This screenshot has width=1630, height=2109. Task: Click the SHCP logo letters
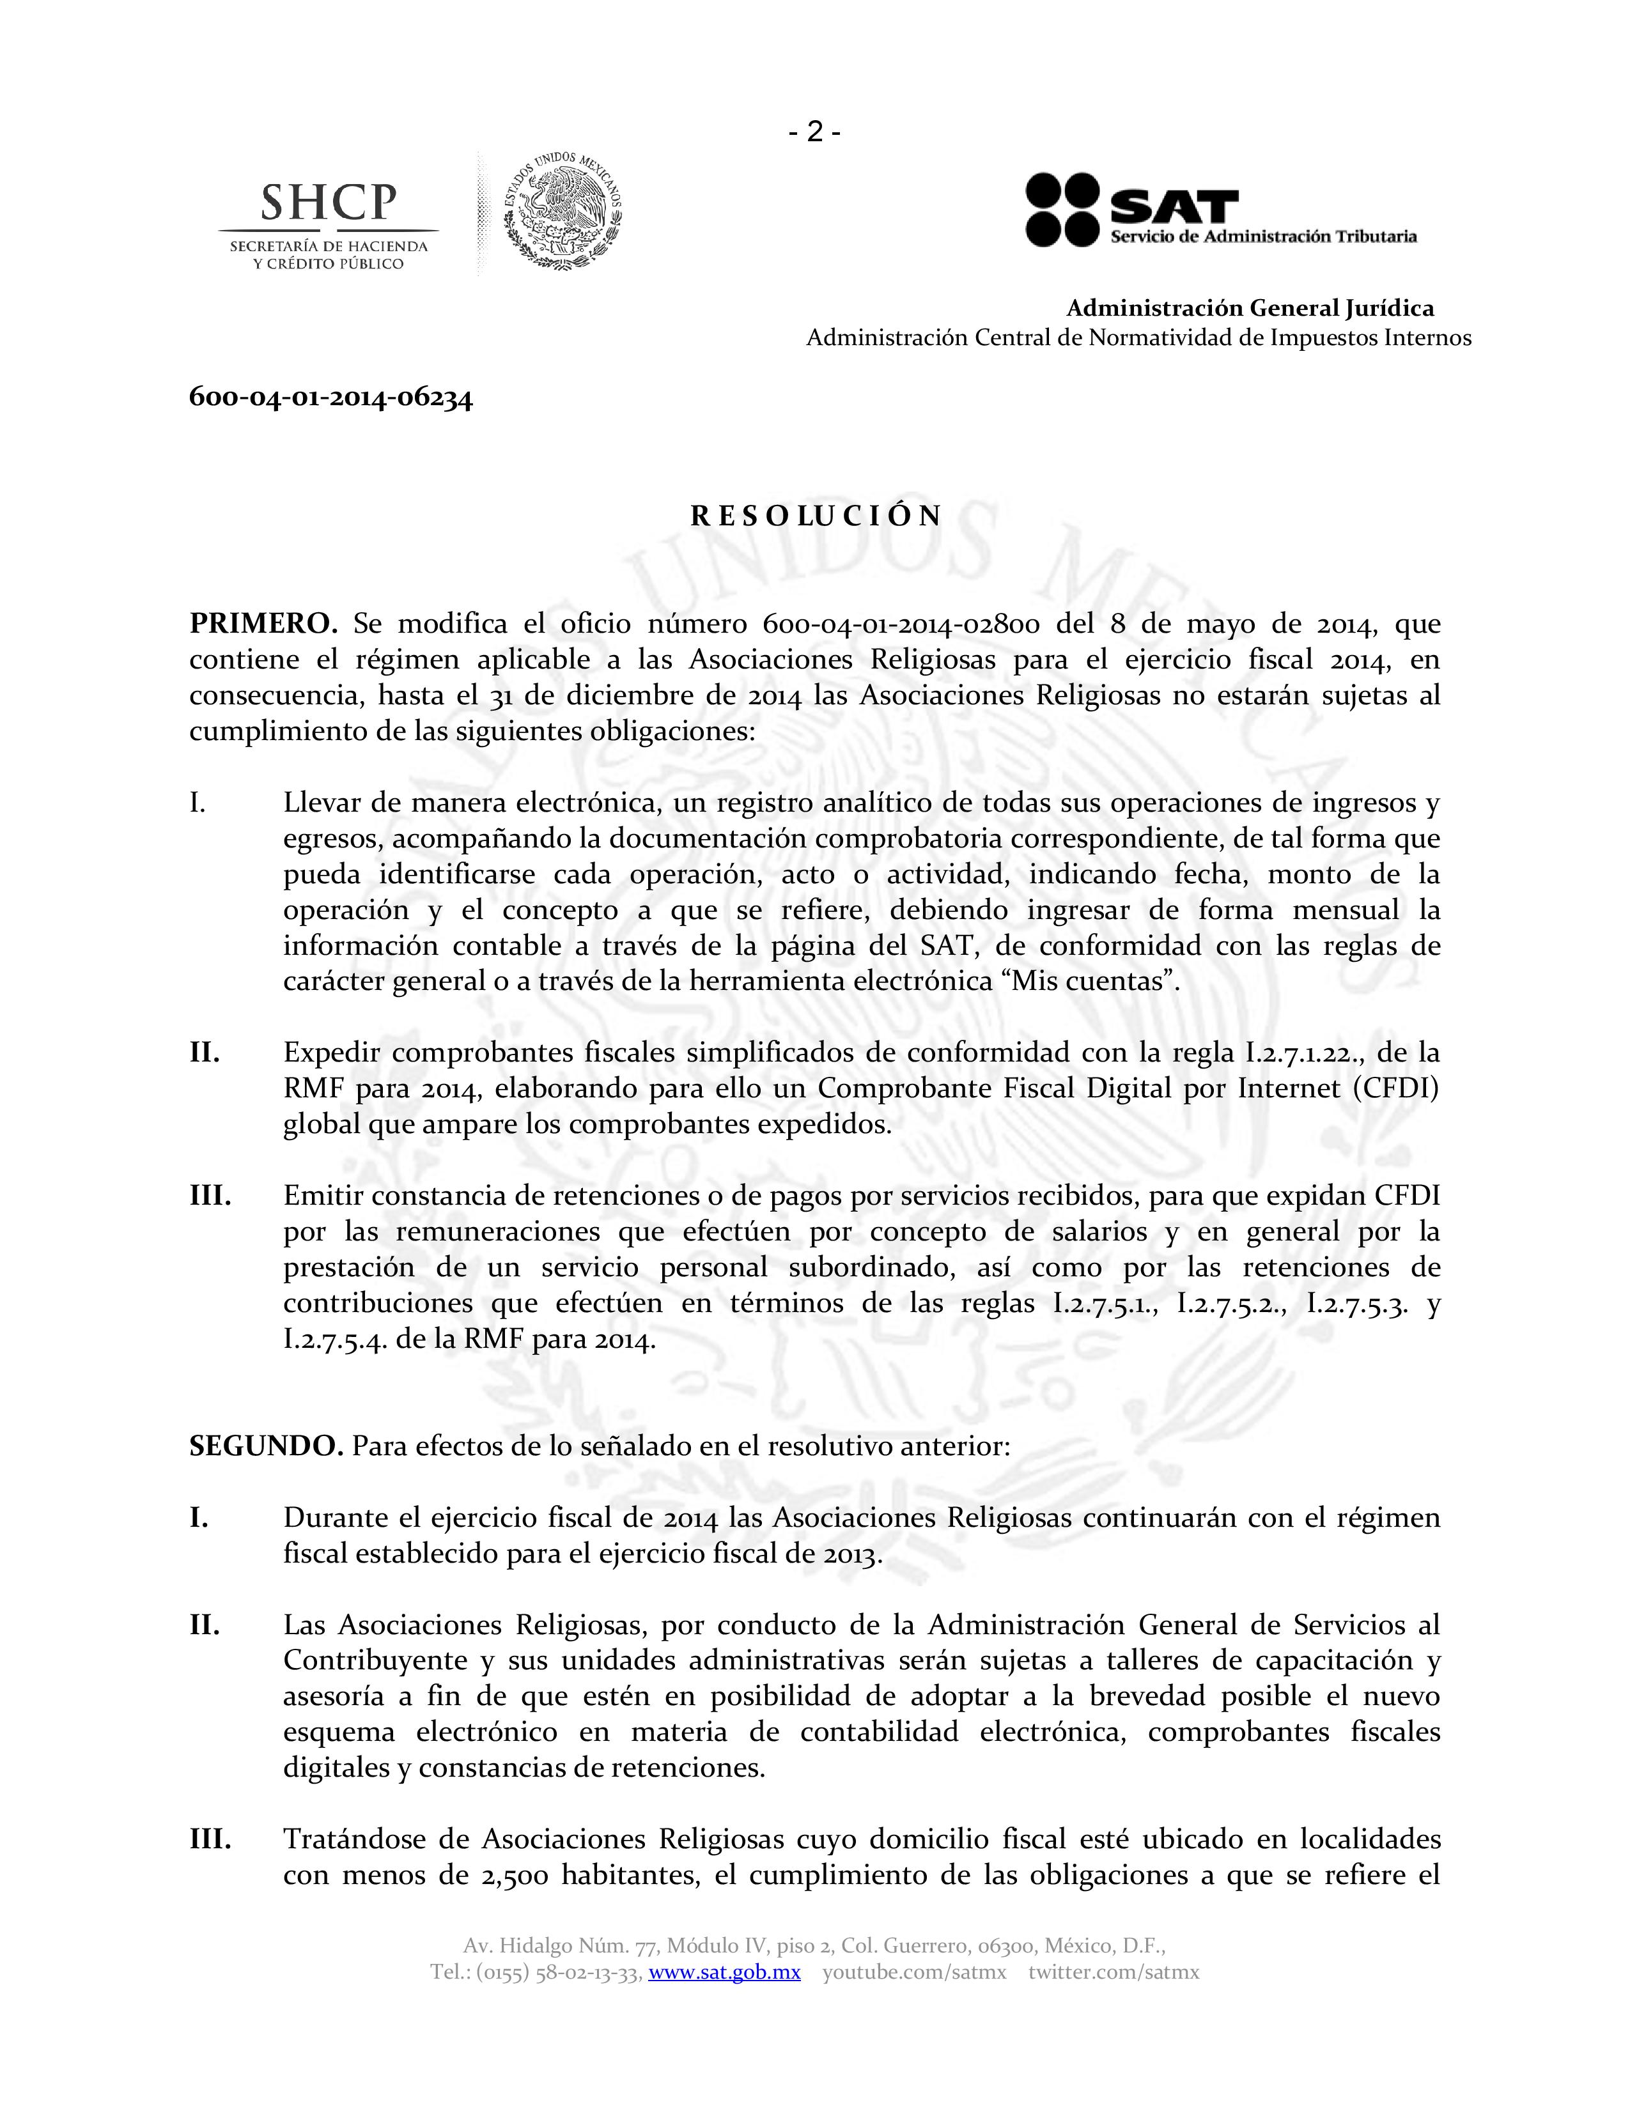(x=329, y=202)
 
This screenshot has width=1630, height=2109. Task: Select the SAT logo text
(x=1173, y=206)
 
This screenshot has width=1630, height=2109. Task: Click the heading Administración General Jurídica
(x=1250, y=308)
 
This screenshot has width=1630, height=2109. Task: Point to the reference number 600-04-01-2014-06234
(x=331, y=398)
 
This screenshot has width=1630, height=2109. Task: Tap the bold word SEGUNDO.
(x=265, y=1446)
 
